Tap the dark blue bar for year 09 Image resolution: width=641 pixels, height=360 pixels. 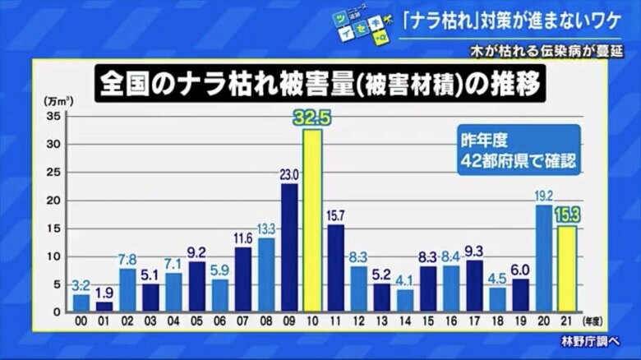point(289,247)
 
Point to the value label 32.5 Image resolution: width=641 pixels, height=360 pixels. point(313,118)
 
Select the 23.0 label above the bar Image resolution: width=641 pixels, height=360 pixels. point(289,173)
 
